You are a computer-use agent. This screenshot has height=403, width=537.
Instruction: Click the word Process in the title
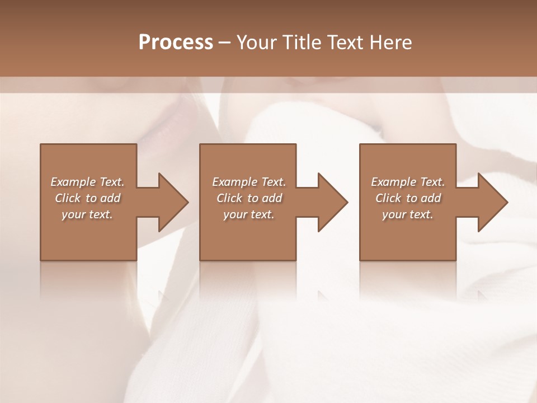(x=176, y=42)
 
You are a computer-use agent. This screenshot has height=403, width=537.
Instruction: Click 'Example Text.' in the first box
(x=87, y=182)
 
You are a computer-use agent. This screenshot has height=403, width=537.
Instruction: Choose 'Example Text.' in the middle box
(x=249, y=182)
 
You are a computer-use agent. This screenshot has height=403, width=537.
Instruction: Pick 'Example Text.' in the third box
(x=408, y=182)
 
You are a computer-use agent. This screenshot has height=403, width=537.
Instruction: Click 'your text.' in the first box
(x=87, y=214)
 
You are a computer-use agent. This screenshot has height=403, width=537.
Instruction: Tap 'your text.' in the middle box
(x=249, y=214)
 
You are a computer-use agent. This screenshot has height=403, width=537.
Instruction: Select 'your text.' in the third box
(x=408, y=214)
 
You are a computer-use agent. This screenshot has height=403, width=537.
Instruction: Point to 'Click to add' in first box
(x=87, y=198)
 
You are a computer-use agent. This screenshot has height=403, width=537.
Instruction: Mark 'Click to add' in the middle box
(x=249, y=198)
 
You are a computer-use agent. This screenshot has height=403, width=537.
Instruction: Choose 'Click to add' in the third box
(x=408, y=198)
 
